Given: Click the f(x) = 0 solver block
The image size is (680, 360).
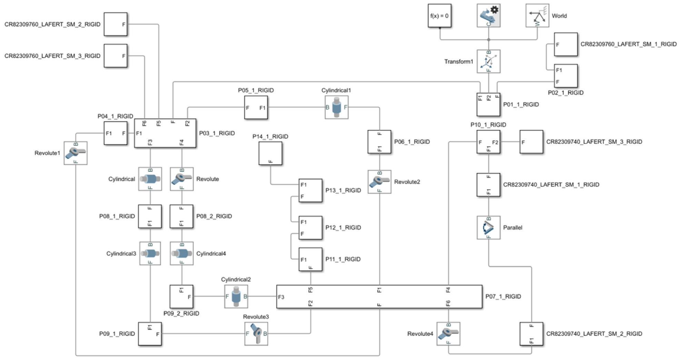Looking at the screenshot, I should pyautogui.click(x=439, y=16).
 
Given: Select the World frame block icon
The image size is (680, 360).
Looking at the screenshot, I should pyautogui.click(x=537, y=16).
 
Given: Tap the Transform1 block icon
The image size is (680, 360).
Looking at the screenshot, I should pyautogui.click(x=488, y=61).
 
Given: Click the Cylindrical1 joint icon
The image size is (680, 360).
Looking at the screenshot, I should pyautogui.click(x=336, y=107).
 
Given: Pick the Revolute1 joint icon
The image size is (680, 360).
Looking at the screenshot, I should pyautogui.click(x=75, y=153).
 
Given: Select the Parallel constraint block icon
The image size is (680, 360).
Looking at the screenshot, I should pyautogui.click(x=488, y=228).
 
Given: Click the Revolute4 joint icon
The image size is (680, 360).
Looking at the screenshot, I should pyautogui.click(x=448, y=333).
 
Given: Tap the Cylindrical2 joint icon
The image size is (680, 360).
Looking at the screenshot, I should pyautogui.click(x=236, y=296).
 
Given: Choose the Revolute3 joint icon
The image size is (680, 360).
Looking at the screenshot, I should pyautogui.click(x=256, y=333).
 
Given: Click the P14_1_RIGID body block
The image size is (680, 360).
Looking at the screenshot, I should pyautogui.click(x=270, y=153).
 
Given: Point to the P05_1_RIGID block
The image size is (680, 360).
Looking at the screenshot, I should pyautogui.click(x=256, y=107).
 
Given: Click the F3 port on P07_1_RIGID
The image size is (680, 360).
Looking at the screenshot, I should pyautogui.click(x=281, y=297).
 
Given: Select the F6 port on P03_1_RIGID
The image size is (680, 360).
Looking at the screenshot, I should pyautogui.click(x=144, y=123).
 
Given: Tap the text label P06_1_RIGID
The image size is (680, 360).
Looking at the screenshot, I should pyautogui.click(x=412, y=142).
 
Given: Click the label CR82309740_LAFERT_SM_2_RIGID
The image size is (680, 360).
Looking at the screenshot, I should pyautogui.click(x=594, y=334).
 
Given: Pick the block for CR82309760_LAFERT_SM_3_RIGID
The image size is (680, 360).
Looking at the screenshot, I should pyautogui.click(x=116, y=56).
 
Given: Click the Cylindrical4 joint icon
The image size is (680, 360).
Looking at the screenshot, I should pyautogui.click(x=181, y=253).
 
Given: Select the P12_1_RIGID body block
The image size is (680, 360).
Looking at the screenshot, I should pyautogui.click(x=310, y=228).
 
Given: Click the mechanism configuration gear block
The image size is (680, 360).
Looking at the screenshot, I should pyautogui.click(x=488, y=16).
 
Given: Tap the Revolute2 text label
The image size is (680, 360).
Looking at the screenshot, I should pyautogui.click(x=407, y=182).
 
